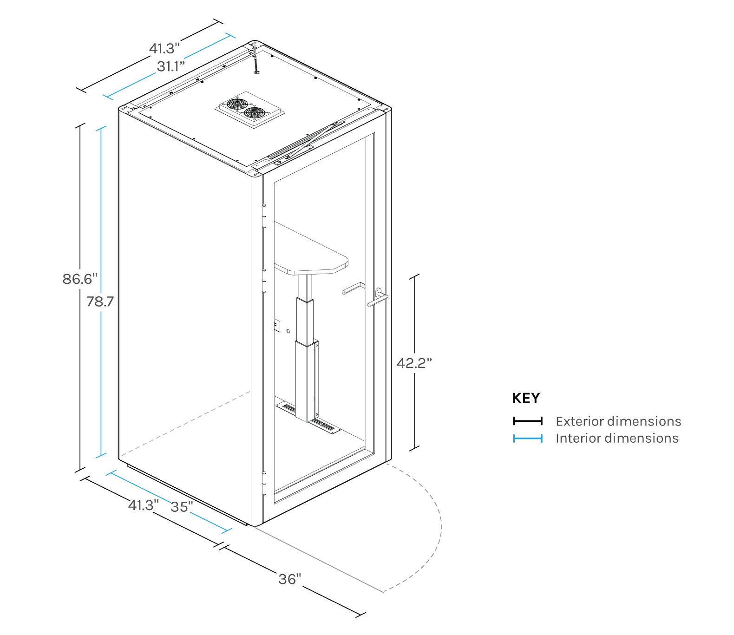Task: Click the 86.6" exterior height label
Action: pyautogui.click(x=80, y=279)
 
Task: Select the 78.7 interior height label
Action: pyautogui.click(x=100, y=301)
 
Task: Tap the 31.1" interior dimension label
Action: pyautogui.click(x=170, y=66)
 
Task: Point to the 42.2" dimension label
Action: pyautogui.click(x=414, y=363)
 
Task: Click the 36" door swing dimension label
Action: pyautogui.click(x=289, y=579)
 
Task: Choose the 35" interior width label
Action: pyautogui.click(x=181, y=506)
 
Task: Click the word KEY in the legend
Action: pyautogui.click(x=525, y=398)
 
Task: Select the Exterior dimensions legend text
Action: pyautogui.click(x=618, y=421)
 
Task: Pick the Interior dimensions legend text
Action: pyautogui.click(x=616, y=438)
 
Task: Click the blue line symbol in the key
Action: pyautogui.click(x=527, y=438)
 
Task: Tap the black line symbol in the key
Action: pyautogui.click(x=527, y=421)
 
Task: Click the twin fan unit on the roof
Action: pyautogui.click(x=249, y=109)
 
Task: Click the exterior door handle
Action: pyautogui.click(x=379, y=299)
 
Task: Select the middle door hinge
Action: pyautogui.click(x=264, y=281)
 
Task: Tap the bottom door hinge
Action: pyautogui.click(x=265, y=483)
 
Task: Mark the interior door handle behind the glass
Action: pyautogui.click(x=353, y=288)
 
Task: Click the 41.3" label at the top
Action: pyautogui.click(x=164, y=48)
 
